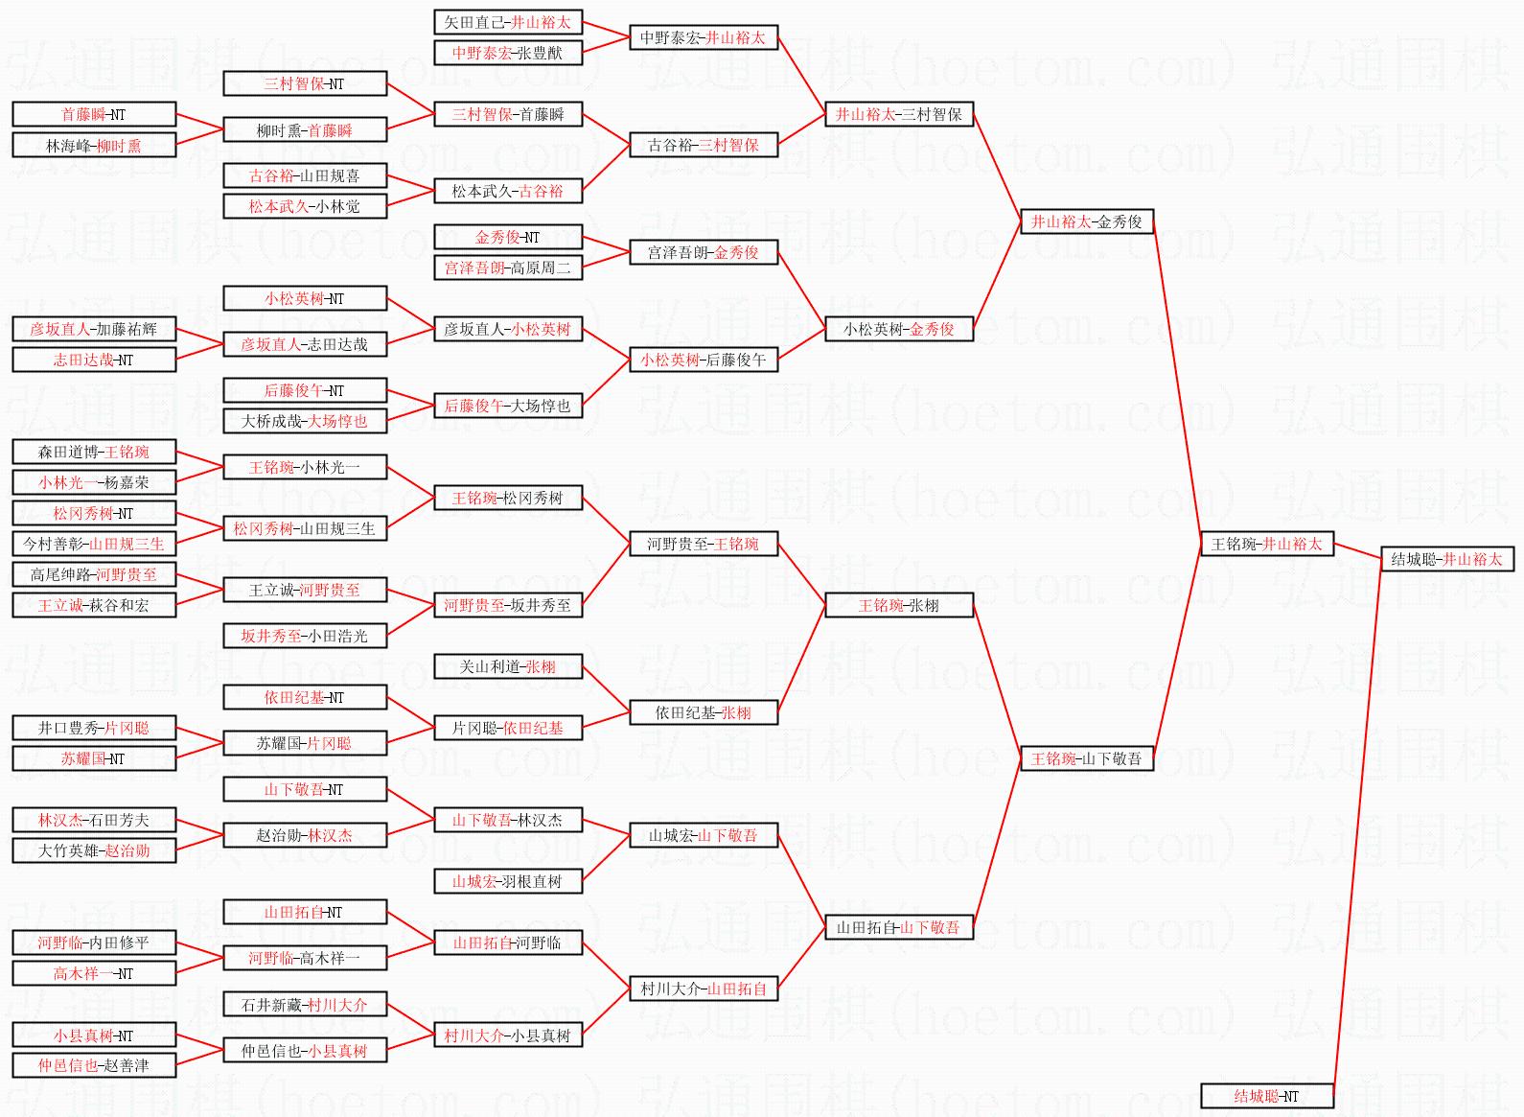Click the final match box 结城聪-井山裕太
point(1446,559)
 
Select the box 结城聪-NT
point(1266,1096)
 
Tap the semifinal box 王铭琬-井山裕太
point(1266,544)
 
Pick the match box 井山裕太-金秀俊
point(1086,221)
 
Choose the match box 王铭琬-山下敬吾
point(1086,758)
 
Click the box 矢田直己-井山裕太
point(507,22)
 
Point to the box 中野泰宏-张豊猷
point(507,53)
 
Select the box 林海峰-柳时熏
point(94,145)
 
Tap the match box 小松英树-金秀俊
point(898,329)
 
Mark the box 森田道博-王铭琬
point(94,452)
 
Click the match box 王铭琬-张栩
point(898,605)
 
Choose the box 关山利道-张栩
point(507,666)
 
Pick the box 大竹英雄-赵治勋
point(94,850)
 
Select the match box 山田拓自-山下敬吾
point(898,927)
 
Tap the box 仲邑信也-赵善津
point(94,1065)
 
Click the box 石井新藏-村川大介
point(305,1004)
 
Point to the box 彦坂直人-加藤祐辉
point(94,329)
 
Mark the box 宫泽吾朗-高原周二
point(507,268)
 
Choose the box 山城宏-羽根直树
point(507,881)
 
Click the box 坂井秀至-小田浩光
point(305,636)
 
